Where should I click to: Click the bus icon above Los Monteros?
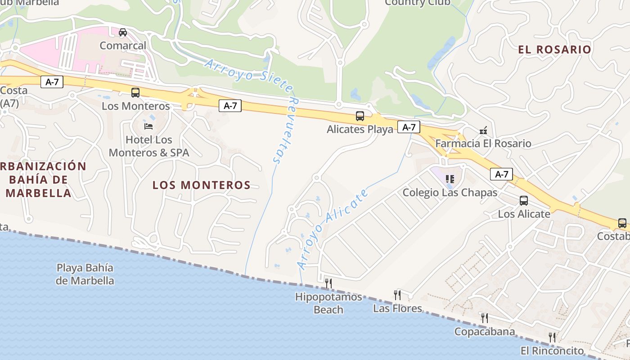click(x=135, y=93)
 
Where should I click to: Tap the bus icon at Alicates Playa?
click(x=360, y=116)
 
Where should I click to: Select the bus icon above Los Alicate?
click(x=524, y=201)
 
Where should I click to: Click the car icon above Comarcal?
click(x=122, y=32)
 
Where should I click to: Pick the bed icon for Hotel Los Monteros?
click(x=148, y=126)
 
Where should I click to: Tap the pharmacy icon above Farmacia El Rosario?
click(x=483, y=130)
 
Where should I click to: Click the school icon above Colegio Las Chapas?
click(x=450, y=179)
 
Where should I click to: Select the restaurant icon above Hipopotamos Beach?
click(x=328, y=283)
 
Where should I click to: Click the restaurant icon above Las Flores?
click(x=397, y=295)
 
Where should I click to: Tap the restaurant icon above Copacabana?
click(x=484, y=318)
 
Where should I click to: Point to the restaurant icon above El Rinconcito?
click(x=552, y=337)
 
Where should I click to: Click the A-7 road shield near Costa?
click(x=52, y=82)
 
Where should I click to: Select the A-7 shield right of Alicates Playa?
click(x=409, y=127)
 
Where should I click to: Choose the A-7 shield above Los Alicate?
click(x=501, y=174)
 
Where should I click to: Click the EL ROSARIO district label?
click(x=554, y=49)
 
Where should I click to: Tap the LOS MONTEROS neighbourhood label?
click(x=201, y=185)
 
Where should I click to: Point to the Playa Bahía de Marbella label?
click(x=85, y=274)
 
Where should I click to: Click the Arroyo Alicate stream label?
click(x=333, y=229)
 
